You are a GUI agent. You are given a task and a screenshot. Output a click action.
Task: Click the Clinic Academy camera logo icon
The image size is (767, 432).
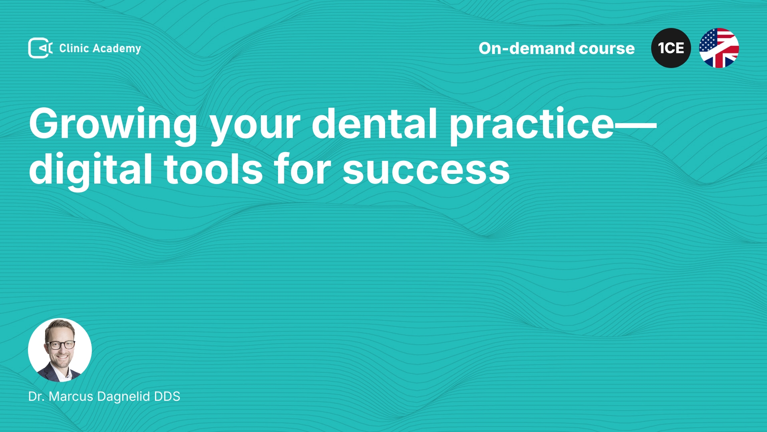point(40,48)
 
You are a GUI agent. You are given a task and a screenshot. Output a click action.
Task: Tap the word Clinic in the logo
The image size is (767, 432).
point(74,48)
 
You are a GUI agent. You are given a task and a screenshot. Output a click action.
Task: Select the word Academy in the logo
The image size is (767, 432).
point(117,49)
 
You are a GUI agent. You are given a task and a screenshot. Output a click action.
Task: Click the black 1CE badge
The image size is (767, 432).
point(671,48)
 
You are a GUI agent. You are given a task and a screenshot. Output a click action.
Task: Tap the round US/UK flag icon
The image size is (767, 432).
point(719,48)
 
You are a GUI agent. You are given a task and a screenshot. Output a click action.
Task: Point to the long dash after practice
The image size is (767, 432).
point(635,124)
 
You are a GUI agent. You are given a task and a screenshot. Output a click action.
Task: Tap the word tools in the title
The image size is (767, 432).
point(213,169)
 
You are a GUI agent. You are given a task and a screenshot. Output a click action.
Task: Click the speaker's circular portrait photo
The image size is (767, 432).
point(60,350)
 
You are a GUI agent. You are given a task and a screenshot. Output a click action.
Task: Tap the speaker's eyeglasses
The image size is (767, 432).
point(60,344)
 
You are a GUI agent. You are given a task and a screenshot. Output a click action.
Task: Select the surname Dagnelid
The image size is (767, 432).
point(124,397)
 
